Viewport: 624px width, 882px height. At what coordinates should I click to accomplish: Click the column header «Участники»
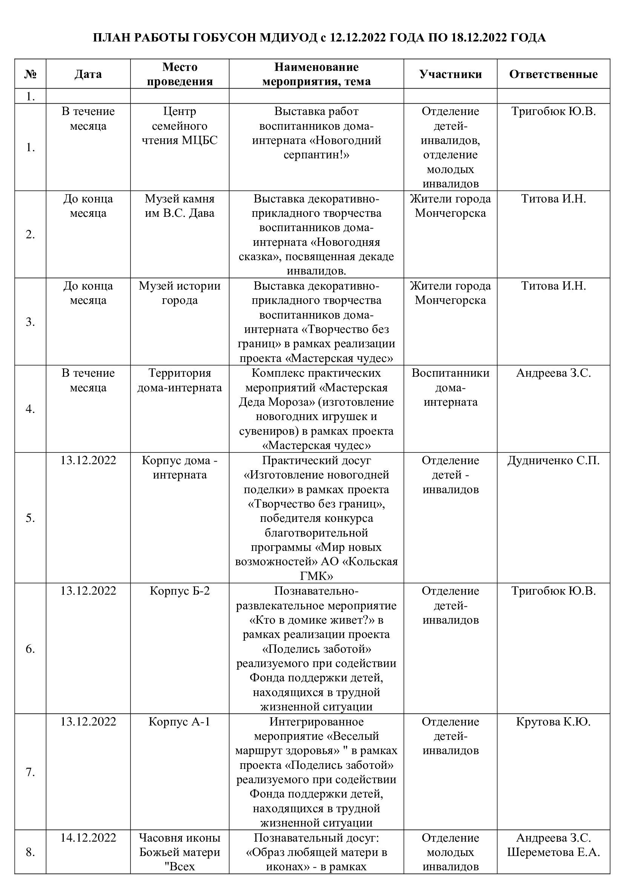[450, 74]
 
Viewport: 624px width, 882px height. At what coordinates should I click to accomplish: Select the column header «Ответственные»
[553, 74]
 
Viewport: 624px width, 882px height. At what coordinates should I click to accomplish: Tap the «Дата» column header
[88, 74]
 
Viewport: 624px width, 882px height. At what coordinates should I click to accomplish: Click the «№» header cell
[30, 74]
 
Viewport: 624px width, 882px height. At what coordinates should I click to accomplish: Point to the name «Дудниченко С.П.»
[553, 460]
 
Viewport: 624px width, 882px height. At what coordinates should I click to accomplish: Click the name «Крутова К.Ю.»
[553, 722]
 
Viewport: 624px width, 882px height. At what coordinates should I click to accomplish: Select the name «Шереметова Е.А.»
[553, 853]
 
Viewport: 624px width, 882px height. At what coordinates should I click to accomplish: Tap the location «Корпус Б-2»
[180, 591]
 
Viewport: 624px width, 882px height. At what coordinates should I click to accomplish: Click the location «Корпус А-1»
[180, 722]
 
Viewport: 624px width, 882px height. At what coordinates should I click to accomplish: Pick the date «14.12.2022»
[88, 838]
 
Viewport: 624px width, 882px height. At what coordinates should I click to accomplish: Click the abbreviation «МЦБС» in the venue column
[200, 140]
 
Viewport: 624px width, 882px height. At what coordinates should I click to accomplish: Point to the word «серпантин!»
[316, 155]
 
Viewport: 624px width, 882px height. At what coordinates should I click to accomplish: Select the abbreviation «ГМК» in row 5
[316, 576]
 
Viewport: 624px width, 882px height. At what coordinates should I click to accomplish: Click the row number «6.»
[30, 649]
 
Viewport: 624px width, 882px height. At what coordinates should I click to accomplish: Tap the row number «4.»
[30, 409]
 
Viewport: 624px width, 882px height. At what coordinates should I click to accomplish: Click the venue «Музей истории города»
[180, 293]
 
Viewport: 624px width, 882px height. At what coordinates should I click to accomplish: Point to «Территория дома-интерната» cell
[180, 380]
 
